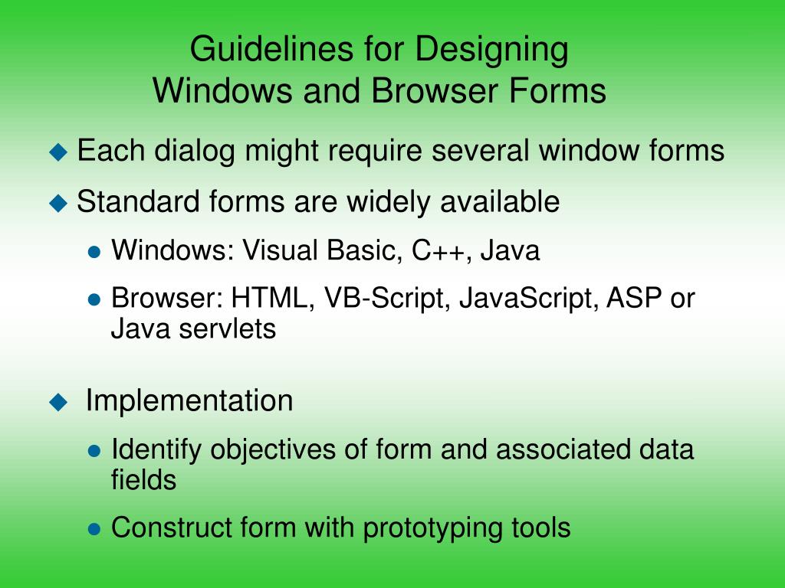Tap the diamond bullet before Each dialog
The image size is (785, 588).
[x=58, y=152]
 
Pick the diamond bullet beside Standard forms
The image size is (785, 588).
[x=58, y=203]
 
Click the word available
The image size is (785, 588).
[x=499, y=202]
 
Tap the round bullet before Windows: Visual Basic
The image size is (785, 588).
[x=94, y=252]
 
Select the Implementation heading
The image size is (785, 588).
[x=189, y=400]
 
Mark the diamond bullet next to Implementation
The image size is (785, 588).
[x=58, y=402]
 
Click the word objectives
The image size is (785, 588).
[x=274, y=450]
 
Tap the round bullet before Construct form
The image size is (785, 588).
[x=94, y=529]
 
